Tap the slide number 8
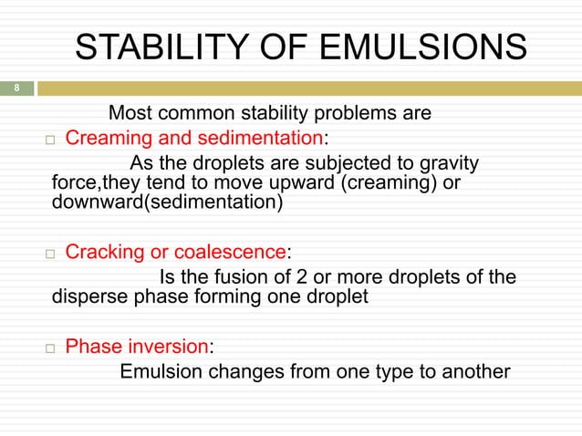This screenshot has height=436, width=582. click(x=16, y=88)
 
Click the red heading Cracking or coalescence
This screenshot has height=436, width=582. click(x=176, y=252)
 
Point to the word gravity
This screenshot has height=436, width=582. click(x=448, y=163)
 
